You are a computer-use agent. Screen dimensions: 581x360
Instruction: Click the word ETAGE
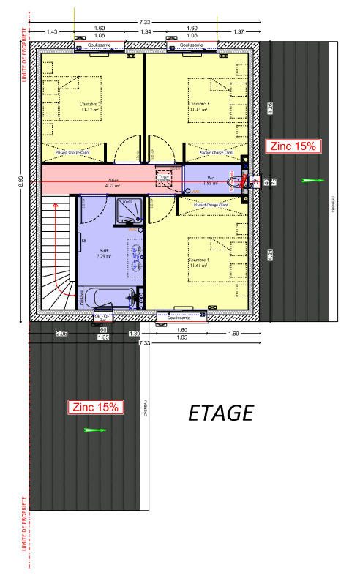pos(220,413)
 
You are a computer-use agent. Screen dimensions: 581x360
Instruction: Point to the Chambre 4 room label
pos(198,263)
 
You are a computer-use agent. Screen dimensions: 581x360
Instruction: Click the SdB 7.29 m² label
pos(105,253)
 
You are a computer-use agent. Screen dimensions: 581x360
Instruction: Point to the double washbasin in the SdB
pos(137,255)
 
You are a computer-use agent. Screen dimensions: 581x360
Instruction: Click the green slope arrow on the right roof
pos(311,179)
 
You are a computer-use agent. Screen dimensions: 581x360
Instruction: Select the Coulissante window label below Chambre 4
pos(180,318)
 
